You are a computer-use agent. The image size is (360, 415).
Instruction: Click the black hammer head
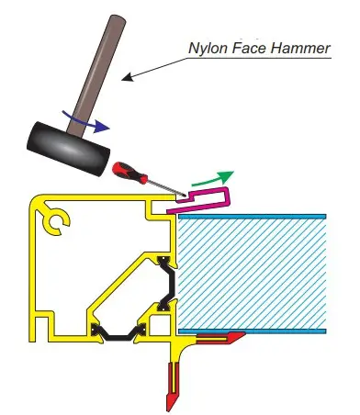(x=68, y=149)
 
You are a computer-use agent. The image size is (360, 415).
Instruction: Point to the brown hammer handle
(x=96, y=75)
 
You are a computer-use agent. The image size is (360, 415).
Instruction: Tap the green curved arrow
(x=213, y=179)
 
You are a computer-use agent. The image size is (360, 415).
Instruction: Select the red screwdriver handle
(x=129, y=173)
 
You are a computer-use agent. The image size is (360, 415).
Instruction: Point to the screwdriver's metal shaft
(x=167, y=188)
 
